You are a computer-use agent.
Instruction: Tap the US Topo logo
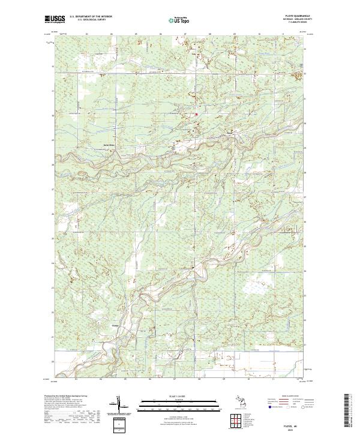point(179,20)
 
